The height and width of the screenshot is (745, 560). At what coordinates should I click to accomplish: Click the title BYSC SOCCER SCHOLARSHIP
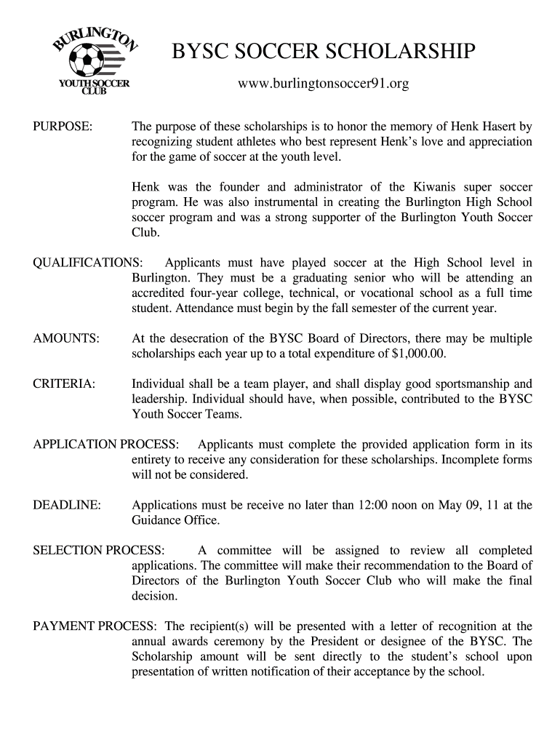click(324, 52)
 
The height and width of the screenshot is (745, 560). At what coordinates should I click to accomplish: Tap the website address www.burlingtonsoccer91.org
click(324, 85)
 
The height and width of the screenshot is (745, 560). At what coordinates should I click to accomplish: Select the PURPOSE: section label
click(63, 127)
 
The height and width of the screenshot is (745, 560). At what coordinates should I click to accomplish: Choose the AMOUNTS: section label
click(66, 338)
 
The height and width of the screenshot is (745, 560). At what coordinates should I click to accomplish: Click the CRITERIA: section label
click(64, 383)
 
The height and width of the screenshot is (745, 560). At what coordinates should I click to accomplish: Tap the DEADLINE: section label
click(67, 505)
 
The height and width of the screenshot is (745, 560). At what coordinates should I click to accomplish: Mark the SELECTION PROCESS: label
click(99, 550)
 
